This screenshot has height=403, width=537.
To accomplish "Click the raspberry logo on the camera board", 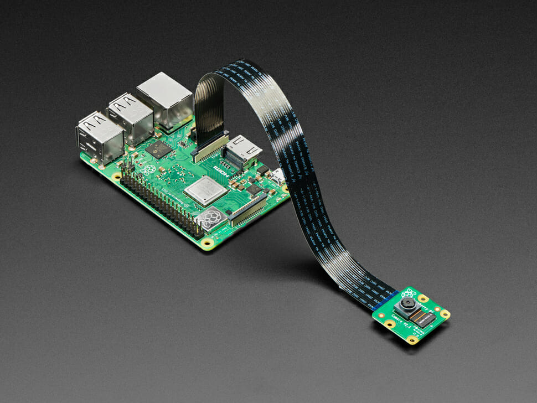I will point(409,292).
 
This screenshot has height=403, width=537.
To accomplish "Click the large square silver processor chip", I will point(205,190).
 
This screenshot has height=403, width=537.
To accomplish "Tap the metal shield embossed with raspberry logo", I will point(210,219).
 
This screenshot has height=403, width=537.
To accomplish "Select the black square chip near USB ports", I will point(159,148).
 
